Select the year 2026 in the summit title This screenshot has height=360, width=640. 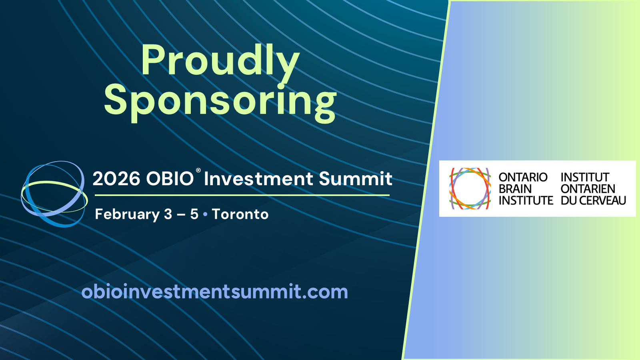click(x=116, y=179)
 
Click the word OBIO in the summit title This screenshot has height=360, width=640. click(x=170, y=179)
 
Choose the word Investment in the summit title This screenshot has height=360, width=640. click(x=258, y=179)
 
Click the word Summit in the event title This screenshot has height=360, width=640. click(x=356, y=179)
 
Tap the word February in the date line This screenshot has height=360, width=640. click(x=127, y=214)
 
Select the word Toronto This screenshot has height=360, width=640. click(x=240, y=214)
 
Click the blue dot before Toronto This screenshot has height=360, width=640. click(x=205, y=214)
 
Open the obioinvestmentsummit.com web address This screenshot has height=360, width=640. click(x=214, y=292)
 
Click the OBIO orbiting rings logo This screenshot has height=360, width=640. click(x=54, y=194)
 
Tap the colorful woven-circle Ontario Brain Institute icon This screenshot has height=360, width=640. click(x=470, y=188)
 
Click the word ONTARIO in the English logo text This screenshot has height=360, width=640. click(x=523, y=177)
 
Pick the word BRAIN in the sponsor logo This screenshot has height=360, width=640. click(x=515, y=189)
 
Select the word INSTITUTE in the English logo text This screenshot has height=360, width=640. click(x=526, y=200)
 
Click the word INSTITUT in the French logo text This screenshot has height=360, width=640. click(x=585, y=177)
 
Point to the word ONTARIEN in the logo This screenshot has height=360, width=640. click(x=588, y=189)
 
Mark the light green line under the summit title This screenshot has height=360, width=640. click(x=242, y=196)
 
